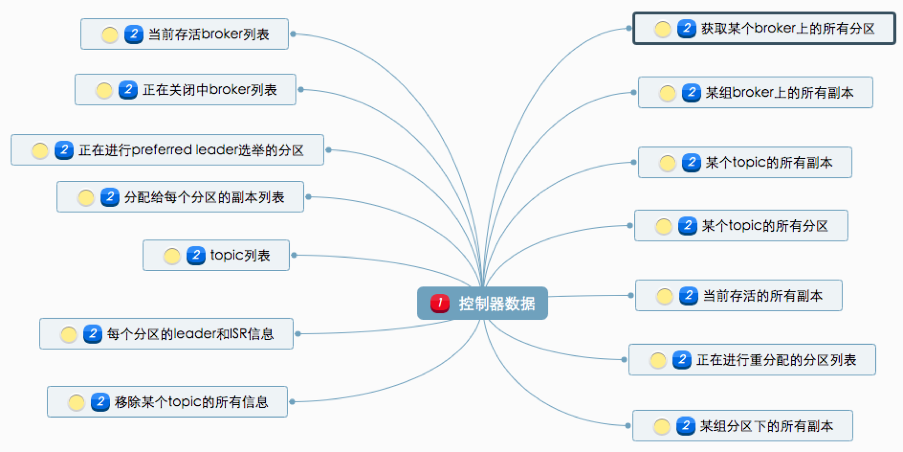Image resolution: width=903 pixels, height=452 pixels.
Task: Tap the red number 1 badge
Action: coord(439,303)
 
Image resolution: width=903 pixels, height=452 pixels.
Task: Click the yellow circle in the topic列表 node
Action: coord(172,255)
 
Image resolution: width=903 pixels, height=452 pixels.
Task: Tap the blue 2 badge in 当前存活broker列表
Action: coord(134,34)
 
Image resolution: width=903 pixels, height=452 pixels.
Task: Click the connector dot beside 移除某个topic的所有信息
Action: coord(292,402)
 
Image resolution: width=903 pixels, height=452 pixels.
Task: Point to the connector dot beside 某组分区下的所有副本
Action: coord(628,426)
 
